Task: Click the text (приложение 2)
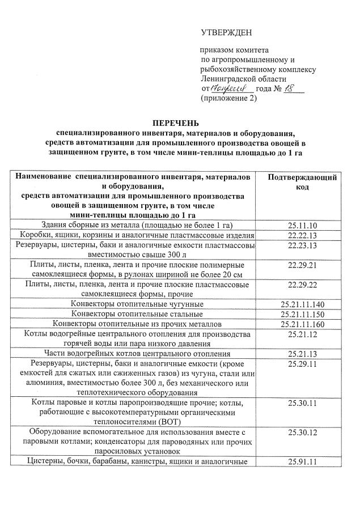228,98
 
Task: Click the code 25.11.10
302,226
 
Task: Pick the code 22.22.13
302,235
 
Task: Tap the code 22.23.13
302,245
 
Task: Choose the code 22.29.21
302,265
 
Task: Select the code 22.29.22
302,284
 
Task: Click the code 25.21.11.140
302,304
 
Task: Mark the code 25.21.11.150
302,314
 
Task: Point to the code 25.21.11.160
302,324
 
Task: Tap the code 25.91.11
302,462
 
